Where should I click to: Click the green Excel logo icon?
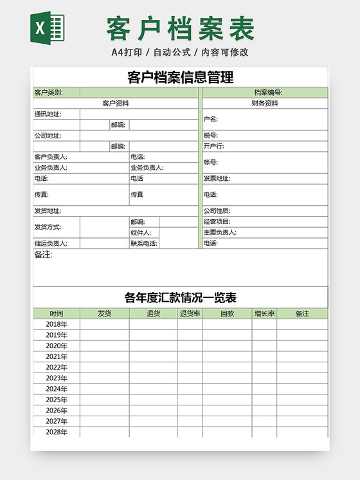click(x=48, y=28)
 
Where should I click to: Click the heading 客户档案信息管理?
click(x=180, y=78)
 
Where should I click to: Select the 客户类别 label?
click(x=48, y=93)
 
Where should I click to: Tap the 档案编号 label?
click(x=268, y=93)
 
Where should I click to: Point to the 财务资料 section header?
click(x=265, y=103)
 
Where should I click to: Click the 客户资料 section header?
click(x=116, y=103)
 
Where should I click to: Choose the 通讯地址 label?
click(x=48, y=115)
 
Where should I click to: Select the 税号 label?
click(x=211, y=136)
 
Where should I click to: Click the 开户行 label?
click(x=213, y=146)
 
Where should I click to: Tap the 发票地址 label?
click(x=217, y=179)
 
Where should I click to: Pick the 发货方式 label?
click(x=48, y=227)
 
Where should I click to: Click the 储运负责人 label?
click(x=51, y=244)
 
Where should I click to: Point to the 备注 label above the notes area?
click(x=43, y=255)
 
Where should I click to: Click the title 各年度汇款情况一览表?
click(x=180, y=298)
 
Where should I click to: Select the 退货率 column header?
click(x=190, y=314)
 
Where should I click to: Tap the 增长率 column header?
click(x=264, y=314)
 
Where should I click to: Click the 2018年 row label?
click(x=57, y=324)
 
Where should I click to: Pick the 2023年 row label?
click(x=57, y=378)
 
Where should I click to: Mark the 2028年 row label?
click(x=57, y=432)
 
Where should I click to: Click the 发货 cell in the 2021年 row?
click(x=104, y=356)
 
